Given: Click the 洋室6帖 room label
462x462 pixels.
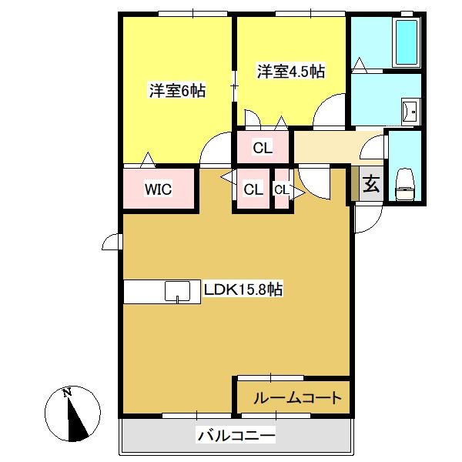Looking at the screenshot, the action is pos(177,90).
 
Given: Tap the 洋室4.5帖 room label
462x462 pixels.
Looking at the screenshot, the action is pos(291,72).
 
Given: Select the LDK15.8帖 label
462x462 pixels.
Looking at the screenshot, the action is pos(243,290).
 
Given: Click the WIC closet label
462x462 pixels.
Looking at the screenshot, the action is pos(158,189).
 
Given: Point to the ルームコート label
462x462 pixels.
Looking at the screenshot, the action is pos(297,398).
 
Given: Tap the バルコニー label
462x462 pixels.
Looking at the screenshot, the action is pos(236,435).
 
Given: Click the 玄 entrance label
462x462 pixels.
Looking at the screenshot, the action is pos(371,184).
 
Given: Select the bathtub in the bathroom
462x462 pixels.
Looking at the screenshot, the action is pos(407,42).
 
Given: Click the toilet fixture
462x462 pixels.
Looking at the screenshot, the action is pos(405,185).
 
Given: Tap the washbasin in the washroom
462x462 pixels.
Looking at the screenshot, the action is pos(410,112).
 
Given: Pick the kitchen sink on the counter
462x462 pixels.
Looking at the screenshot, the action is pos(177,291).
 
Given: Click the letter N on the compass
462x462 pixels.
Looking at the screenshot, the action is pos(67,392).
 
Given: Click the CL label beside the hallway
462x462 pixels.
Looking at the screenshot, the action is pos(263,148).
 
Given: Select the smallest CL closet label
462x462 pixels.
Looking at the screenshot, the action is pos(281,190).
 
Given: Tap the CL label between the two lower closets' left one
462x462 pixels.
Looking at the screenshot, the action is pos(253,189).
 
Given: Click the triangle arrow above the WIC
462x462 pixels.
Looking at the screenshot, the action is pos(148,160).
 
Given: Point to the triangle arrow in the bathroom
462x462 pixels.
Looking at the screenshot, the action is pos(359,65).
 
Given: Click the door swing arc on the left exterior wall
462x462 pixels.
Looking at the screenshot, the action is pos(110,243).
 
